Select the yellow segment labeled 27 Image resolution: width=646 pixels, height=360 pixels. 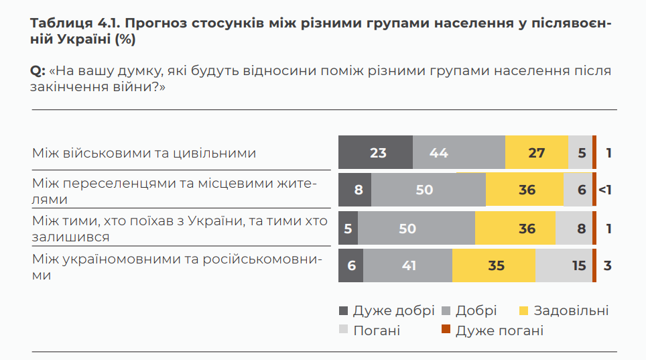click(x=536, y=153)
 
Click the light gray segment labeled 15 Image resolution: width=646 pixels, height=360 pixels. click(x=563, y=265)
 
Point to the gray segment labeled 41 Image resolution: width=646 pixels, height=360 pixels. click(x=409, y=265)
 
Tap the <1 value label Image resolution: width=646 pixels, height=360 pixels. click(x=606, y=190)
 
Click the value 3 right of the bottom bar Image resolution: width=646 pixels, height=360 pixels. click(x=607, y=265)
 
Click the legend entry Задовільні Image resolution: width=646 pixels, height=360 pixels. click(x=572, y=310)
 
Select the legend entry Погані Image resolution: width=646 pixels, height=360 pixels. click(x=377, y=331)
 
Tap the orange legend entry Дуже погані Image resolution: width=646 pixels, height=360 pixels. click(x=499, y=331)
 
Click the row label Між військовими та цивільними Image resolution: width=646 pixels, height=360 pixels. click(x=144, y=153)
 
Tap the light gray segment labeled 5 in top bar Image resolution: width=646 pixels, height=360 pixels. click(x=581, y=153)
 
